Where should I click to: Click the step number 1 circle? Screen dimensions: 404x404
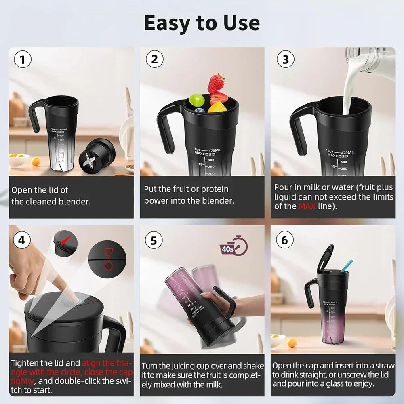click(23, 59)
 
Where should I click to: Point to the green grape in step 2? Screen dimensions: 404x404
click(197, 100)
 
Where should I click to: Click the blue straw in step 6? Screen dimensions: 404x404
click(346, 265)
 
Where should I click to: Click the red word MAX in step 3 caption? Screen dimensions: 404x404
click(307, 206)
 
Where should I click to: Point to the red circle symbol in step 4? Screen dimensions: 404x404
click(108, 266)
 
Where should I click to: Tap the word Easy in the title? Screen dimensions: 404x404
click(167, 23)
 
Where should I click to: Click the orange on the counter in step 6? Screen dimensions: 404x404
click(292, 343)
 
